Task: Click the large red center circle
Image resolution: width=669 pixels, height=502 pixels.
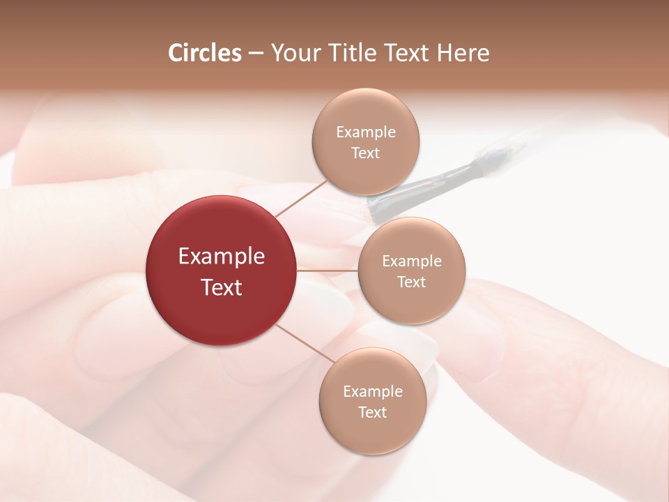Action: coord(222,271)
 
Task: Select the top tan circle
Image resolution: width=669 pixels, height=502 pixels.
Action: coord(365,142)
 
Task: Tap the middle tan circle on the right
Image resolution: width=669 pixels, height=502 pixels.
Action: coord(411,271)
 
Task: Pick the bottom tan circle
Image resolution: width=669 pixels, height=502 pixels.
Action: coord(372,401)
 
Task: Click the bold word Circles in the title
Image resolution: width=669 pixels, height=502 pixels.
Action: coord(205,53)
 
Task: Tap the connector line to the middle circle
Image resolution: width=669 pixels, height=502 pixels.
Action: coord(327,270)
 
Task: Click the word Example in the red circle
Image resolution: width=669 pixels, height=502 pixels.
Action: coord(222,257)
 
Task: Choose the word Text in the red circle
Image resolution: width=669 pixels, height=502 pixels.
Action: coord(222,287)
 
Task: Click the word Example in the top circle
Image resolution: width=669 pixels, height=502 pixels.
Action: coord(366,132)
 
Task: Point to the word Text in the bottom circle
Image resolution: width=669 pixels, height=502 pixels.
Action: coord(372,412)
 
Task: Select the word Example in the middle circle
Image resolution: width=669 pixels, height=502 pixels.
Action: coord(412,261)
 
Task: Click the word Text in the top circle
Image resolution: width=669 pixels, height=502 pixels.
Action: coord(366,153)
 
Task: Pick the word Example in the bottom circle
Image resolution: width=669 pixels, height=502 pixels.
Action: coord(373,392)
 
